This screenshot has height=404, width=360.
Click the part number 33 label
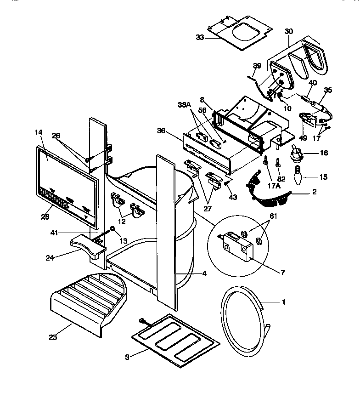point(199,37)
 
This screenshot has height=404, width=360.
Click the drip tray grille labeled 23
point(87,299)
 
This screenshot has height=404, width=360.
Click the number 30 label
point(288,31)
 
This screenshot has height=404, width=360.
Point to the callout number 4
point(204,274)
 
